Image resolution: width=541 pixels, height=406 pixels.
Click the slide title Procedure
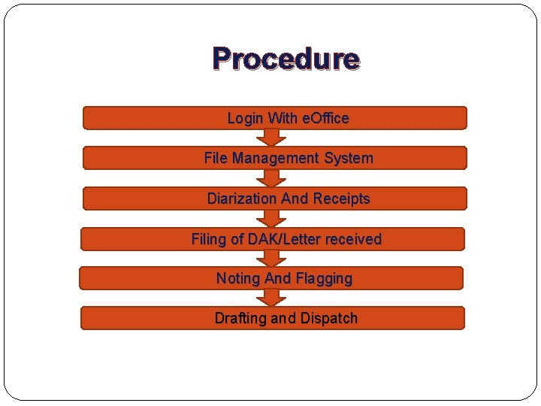point(286,59)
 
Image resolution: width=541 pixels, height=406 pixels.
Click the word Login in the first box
point(245,118)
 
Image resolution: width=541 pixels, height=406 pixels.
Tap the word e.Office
point(325,118)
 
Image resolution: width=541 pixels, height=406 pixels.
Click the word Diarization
point(241,198)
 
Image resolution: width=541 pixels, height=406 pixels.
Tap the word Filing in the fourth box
point(208,239)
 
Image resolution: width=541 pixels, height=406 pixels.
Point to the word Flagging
point(324,278)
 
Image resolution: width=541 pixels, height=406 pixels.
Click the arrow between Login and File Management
point(272,138)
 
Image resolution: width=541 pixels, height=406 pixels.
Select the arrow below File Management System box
point(272,178)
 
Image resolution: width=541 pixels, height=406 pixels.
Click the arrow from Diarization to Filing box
point(272,219)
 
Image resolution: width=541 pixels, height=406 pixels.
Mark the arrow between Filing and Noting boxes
point(272,259)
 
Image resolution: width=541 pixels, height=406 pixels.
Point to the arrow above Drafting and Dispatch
point(272,298)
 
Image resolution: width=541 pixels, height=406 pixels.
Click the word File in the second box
point(216,158)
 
